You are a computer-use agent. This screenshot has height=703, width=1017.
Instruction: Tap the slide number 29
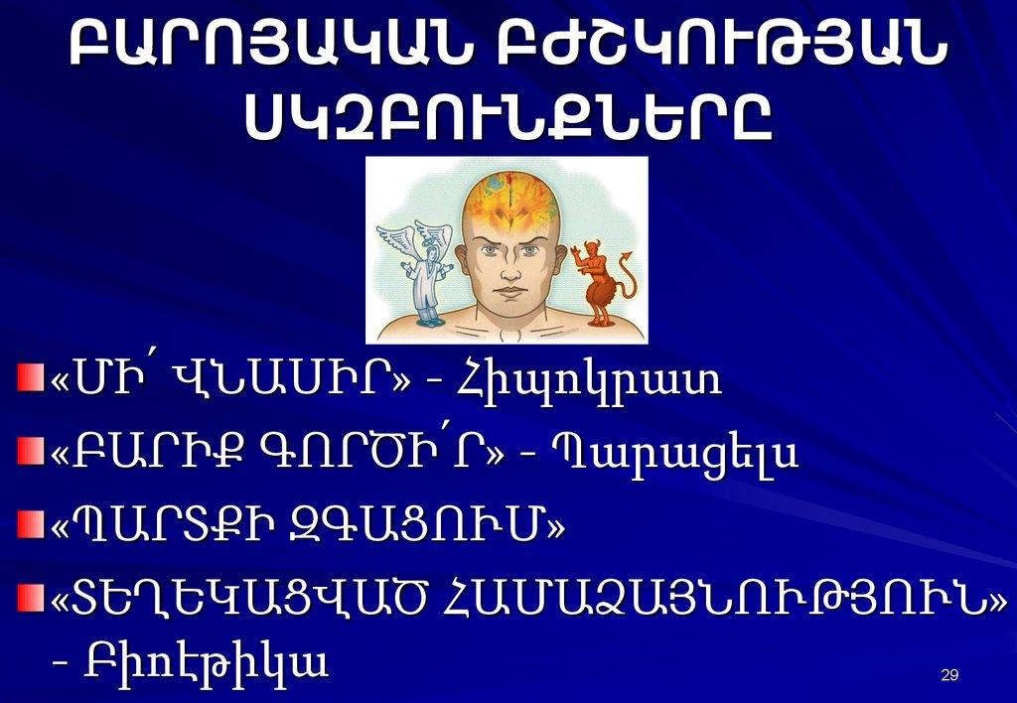click(x=948, y=676)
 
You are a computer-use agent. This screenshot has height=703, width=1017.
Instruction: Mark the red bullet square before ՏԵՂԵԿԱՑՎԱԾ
click(x=33, y=596)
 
